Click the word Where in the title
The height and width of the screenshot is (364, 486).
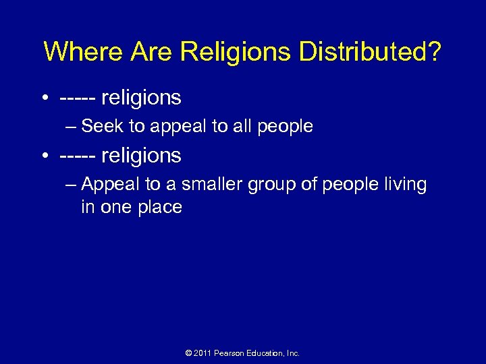pyautogui.click(x=80, y=52)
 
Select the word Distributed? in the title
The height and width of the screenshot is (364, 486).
pyautogui.click(x=367, y=52)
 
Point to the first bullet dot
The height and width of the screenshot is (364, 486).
pyautogui.click(x=44, y=98)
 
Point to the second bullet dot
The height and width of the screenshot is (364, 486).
pyautogui.click(x=44, y=156)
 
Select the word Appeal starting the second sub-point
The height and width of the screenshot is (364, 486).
pyautogui.click(x=108, y=185)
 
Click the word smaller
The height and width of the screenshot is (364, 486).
pyautogui.click(x=214, y=185)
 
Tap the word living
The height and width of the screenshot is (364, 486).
pyautogui.click(x=404, y=185)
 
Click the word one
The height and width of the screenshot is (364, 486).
pyautogui.click(x=118, y=207)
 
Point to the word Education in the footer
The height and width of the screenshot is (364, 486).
pyautogui.click(x=266, y=353)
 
